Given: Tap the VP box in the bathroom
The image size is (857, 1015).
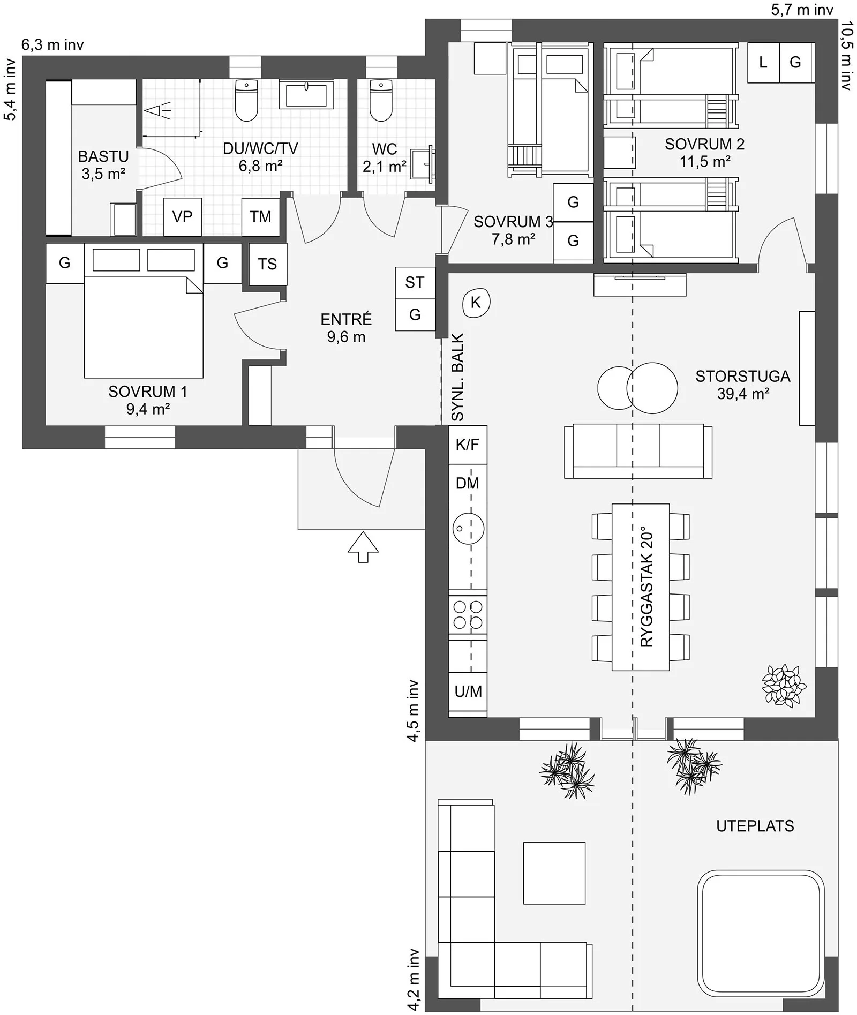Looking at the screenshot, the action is point(182,217).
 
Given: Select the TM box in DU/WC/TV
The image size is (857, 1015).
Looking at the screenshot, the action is point(260,217).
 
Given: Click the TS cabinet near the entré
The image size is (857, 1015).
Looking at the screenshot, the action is point(268,264).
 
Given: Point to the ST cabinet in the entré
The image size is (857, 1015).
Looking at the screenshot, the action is point(415,283).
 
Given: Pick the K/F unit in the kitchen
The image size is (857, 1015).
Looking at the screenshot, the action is point(468,445).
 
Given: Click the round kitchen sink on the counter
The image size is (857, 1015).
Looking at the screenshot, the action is point(469,529).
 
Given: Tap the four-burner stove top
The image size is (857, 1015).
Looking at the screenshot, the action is point(468,615).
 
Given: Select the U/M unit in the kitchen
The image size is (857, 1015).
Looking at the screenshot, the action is point(468,691).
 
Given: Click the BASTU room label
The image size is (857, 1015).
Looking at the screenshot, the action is point(103,156).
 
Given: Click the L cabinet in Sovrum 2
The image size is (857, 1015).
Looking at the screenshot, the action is point(763,63).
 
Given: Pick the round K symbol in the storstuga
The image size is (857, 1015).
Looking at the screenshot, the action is point(476,303).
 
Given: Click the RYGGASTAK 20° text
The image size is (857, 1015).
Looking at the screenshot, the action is point(647,587).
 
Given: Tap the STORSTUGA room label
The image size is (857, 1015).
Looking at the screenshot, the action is point(743,376).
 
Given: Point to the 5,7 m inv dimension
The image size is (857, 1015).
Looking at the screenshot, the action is point(802,9).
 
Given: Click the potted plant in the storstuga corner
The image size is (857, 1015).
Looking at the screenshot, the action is point(784,685).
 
